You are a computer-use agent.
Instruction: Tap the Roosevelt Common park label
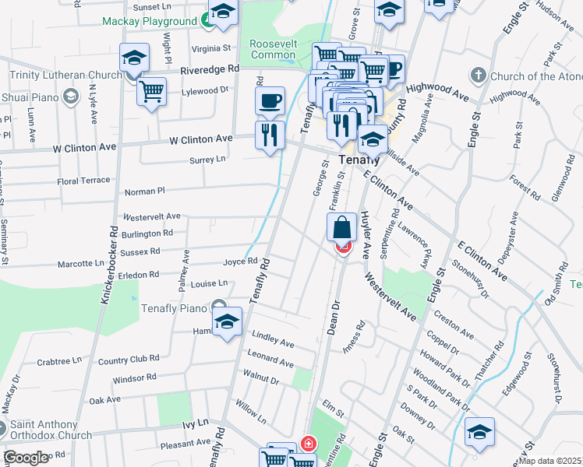pos(273,49)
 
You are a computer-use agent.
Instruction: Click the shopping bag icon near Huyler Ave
pos(342,228)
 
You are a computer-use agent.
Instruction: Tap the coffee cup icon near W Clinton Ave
pos(270,100)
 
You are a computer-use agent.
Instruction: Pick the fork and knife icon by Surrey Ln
pos(270,135)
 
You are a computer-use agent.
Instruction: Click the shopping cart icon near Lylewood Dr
pos(151,90)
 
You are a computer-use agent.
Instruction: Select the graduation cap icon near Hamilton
pos(227,321)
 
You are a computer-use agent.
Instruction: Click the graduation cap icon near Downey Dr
pos(479,433)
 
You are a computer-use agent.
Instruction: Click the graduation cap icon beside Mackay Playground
pos(223,13)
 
